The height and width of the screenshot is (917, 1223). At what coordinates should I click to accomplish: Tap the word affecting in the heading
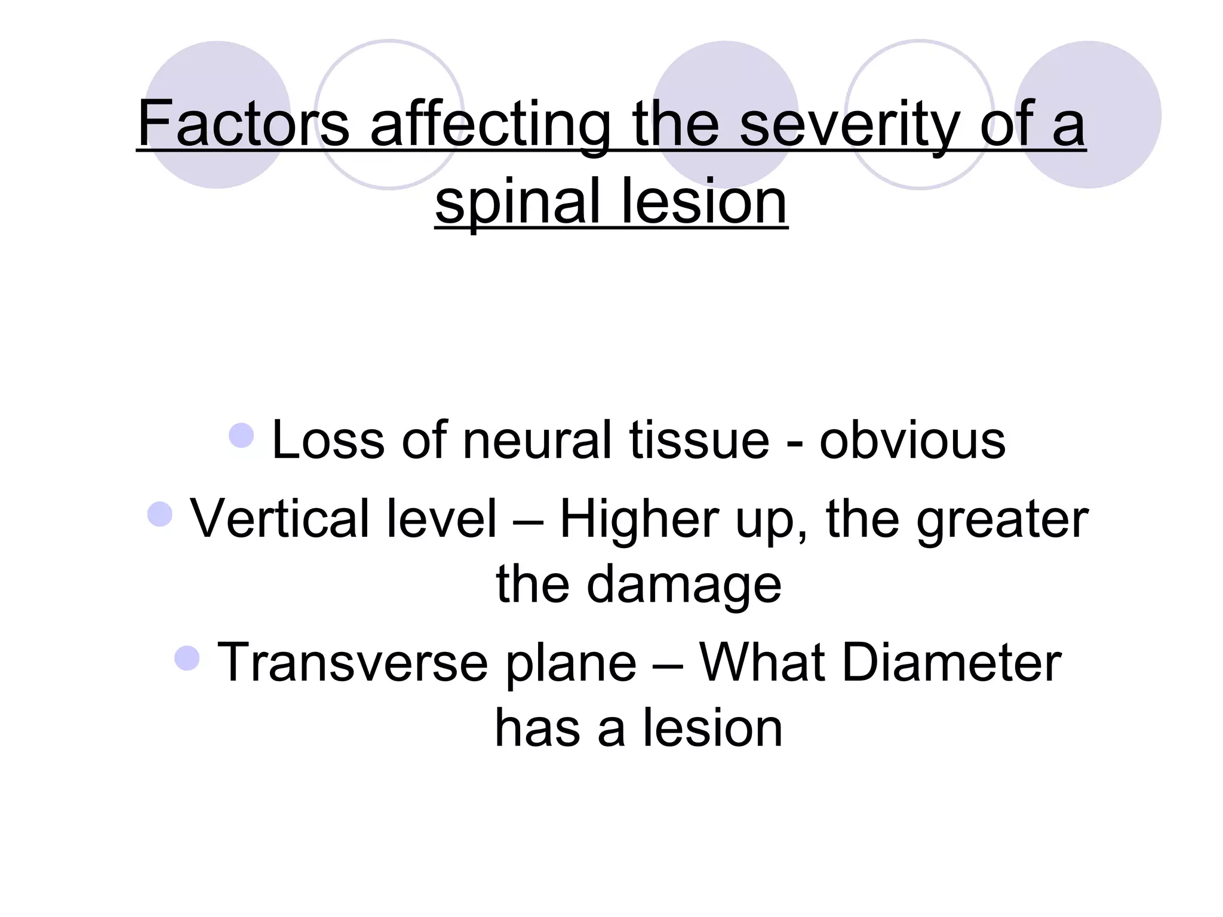coord(490,124)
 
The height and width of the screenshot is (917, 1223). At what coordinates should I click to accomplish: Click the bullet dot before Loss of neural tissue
coord(241,435)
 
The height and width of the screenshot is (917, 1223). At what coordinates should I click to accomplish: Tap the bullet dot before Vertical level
coord(159,514)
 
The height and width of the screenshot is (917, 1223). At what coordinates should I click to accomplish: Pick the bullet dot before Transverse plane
coord(187,658)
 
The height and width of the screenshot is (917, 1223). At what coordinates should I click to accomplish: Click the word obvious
coord(912,440)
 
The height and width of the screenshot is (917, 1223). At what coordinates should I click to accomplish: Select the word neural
coord(537,440)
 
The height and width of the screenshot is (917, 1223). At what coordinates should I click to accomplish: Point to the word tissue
coord(699,440)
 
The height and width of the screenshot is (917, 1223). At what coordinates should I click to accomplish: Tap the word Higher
coord(638,519)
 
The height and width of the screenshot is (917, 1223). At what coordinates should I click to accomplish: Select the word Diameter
coord(951,662)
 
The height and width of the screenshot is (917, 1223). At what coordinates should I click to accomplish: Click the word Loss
coord(328,440)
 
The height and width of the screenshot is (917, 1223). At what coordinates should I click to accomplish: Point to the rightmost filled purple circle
coord(1087,115)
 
